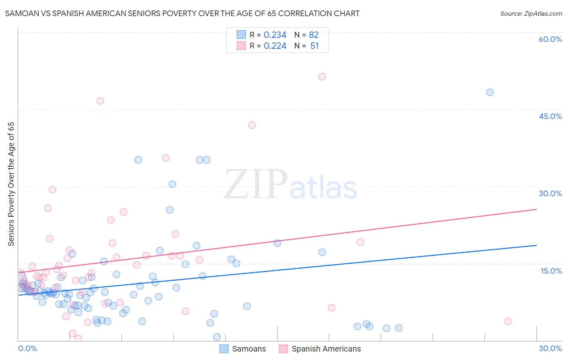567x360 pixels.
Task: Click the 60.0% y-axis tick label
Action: (550, 39)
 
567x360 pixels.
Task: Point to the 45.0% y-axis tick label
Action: (550, 116)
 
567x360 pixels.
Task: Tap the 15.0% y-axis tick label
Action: (551, 271)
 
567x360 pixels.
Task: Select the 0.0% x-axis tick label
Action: (27, 348)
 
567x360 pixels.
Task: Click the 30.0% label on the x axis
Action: (550, 348)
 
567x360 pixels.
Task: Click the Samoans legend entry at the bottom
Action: (243, 349)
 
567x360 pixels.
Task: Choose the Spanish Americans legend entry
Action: (320, 349)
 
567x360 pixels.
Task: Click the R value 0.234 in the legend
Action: (275, 35)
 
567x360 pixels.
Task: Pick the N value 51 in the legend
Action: (314, 46)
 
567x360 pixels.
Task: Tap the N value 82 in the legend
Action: (313, 35)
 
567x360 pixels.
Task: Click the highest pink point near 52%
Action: (322, 77)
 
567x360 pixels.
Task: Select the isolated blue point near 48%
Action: (490, 92)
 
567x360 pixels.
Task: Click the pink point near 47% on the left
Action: (100, 101)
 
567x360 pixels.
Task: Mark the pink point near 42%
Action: (252, 125)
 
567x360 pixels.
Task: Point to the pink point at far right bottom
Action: (508, 321)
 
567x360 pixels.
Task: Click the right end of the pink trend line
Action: (536, 209)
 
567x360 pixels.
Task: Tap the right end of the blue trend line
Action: (536, 245)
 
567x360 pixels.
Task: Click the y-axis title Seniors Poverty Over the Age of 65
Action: (11, 184)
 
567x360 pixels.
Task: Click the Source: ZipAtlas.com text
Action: (531, 14)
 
